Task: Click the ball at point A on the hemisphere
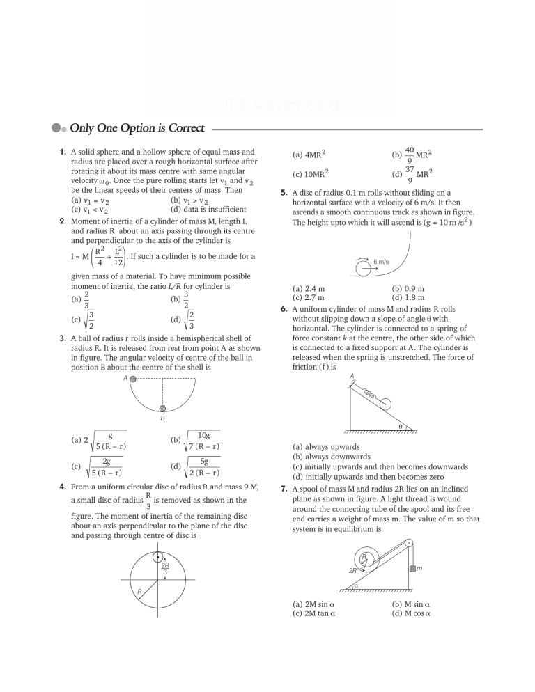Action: pyautogui.click(x=133, y=379)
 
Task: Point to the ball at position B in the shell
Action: pyautogui.click(x=163, y=409)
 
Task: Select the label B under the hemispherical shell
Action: pyautogui.click(x=162, y=420)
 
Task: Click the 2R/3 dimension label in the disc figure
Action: pyautogui.click(x=165, y=568)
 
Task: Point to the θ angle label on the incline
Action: pyautogui.click(x=400, y=426)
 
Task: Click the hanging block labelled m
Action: pyautogui.click(x=412, y=569)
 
